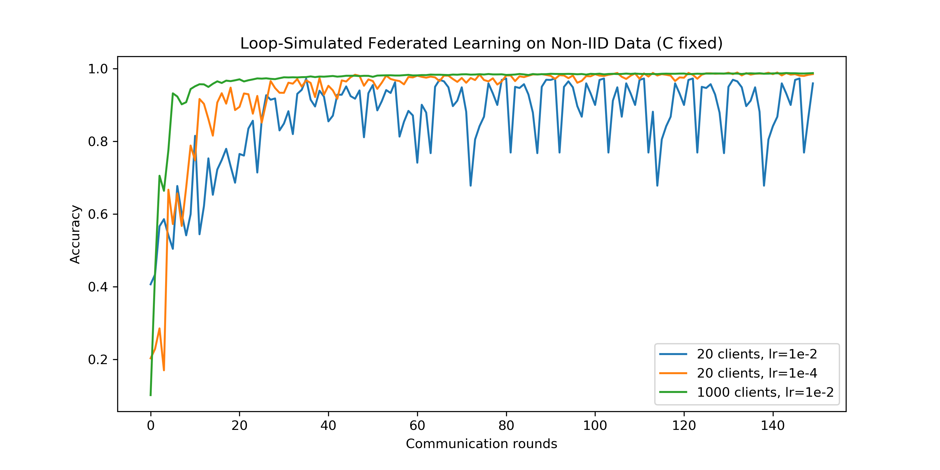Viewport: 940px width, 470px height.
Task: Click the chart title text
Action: [x=481, y=44]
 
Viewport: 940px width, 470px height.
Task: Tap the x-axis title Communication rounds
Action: [x=481, y=444]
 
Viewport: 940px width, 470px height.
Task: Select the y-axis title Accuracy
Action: [x=75, y=234]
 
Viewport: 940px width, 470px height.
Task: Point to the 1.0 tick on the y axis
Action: [x=98, y=69]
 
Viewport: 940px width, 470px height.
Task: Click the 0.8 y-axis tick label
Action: [x=98, y=142]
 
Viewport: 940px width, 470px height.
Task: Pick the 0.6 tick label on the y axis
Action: [x=98, y=214]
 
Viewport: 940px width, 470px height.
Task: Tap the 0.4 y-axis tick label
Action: [x=98, y=287]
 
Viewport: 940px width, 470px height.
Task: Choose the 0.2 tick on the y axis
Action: [x=98, y=360]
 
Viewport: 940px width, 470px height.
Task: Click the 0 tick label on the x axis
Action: [x=151, y=426]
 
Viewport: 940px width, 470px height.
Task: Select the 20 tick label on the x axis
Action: [x=239, y=426]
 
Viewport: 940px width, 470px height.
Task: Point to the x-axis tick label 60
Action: [x=417, y=426]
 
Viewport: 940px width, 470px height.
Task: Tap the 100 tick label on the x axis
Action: [x=595, y=426]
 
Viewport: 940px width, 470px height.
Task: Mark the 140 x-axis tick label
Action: [x=772, y=426]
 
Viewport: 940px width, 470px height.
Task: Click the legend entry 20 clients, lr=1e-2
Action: [x=757, y=354]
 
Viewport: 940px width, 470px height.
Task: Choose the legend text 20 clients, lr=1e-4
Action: [x=757, y=373]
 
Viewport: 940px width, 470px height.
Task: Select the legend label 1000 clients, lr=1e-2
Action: [x=765, y=392]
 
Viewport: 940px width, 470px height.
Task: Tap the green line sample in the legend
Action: [x=673, y=392]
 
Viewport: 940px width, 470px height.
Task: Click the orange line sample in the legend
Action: [x=673, y=373]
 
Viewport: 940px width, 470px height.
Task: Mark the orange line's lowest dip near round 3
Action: [x=164, y=370]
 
